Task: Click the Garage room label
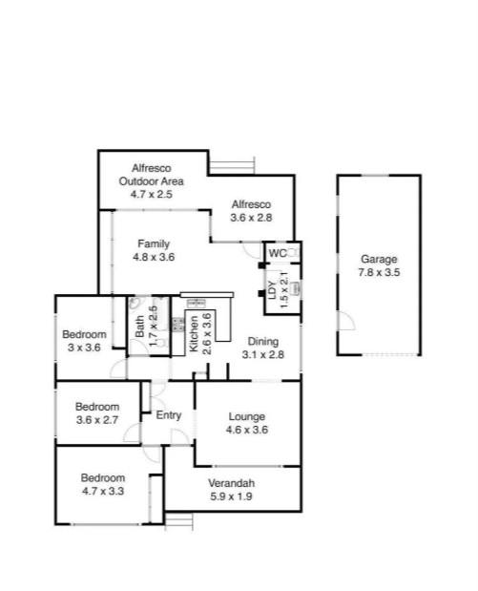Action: click(378, 259)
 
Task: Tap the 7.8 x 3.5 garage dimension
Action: click(378, 272)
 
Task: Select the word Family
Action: click(153, 243)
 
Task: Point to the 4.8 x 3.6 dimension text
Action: click(153, 256)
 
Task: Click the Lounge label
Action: click(246, 416)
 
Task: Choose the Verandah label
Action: click(232, 482)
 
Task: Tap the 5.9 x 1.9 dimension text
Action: click(232, 496)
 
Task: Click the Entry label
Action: click(169, 414)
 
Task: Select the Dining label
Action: click(263, 342)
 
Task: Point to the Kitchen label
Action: click(193, 334)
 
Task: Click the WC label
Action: click(277, 253)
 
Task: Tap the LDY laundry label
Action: click(272, 291)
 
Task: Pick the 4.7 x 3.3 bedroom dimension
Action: click(102, 492)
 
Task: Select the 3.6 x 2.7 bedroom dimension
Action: click(96, 419)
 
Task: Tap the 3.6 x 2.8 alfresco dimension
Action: click(252, 218)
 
